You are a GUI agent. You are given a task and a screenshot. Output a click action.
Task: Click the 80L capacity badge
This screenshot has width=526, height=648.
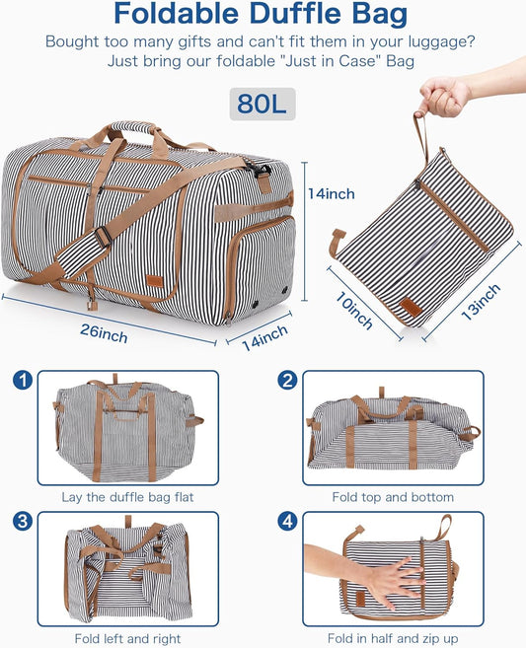coord(263,104)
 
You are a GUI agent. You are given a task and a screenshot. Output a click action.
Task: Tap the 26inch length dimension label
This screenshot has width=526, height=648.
coord(104,334)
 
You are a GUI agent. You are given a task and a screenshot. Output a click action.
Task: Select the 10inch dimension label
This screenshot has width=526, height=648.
coord(353,310)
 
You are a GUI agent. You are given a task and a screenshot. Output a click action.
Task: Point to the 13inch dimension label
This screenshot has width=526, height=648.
coord(481,302)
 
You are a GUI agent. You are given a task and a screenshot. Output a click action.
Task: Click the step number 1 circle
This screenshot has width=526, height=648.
coord(23,380)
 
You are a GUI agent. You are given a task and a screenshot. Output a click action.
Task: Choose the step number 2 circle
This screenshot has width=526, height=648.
coord(287,380)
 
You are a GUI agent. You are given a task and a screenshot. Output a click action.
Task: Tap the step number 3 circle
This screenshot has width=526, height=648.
coord(23,522)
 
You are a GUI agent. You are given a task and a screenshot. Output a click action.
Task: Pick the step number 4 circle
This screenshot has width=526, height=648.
coord(287,522)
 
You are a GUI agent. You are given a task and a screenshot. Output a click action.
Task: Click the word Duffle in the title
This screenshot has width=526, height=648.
coord(296,13)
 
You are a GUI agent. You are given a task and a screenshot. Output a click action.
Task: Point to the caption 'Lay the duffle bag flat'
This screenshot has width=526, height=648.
coord(127,497)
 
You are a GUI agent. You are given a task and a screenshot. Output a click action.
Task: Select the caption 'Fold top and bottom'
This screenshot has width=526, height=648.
coord(393,497)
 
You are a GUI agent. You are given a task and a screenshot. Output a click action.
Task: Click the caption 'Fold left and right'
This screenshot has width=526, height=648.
coord(127,638)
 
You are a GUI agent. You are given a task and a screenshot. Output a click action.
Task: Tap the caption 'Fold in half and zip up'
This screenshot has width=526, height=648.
coord(393,638)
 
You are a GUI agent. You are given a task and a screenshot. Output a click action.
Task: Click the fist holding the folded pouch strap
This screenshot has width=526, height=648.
coord(444,97)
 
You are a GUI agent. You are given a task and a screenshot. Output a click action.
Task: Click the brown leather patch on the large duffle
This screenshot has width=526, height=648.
coord(156,281)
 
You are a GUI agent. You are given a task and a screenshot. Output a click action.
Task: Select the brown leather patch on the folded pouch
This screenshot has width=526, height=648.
coord(411,307)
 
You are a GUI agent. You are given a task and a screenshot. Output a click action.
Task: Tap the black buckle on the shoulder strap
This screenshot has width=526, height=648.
coord(104,238)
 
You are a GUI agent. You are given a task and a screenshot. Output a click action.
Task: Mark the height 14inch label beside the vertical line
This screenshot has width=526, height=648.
coord(332,194)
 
